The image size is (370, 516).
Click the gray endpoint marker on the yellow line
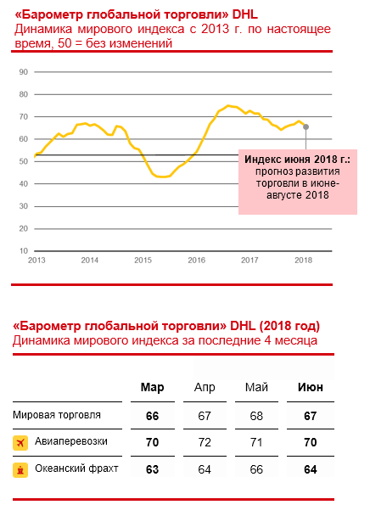tap(306, 126)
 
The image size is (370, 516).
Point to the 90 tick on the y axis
tap(24, 72)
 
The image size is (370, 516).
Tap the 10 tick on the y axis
tap(24, 250)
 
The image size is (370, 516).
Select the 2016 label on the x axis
tap(197, 261)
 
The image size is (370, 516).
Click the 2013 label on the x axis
tap(36, 261)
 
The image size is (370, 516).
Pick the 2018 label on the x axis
tap(303, 261)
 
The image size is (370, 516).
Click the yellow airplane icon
tap(20, 443)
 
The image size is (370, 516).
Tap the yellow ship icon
tap(20, 470)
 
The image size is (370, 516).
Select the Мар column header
tap(153, 387)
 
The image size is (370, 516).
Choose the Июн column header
tap(311, 387)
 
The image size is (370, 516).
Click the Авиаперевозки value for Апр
tap(205, 442)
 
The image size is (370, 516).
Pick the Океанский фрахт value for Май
tap(256, 469)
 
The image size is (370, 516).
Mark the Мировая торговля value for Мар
tap(153, 416)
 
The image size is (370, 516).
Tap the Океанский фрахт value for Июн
tap(311, 469)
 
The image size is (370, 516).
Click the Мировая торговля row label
tap(57, 415)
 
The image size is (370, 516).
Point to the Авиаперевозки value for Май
tap(256, 442)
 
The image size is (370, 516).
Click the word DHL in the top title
tap(245, 14)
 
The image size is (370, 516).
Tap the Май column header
tap(256, 387)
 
